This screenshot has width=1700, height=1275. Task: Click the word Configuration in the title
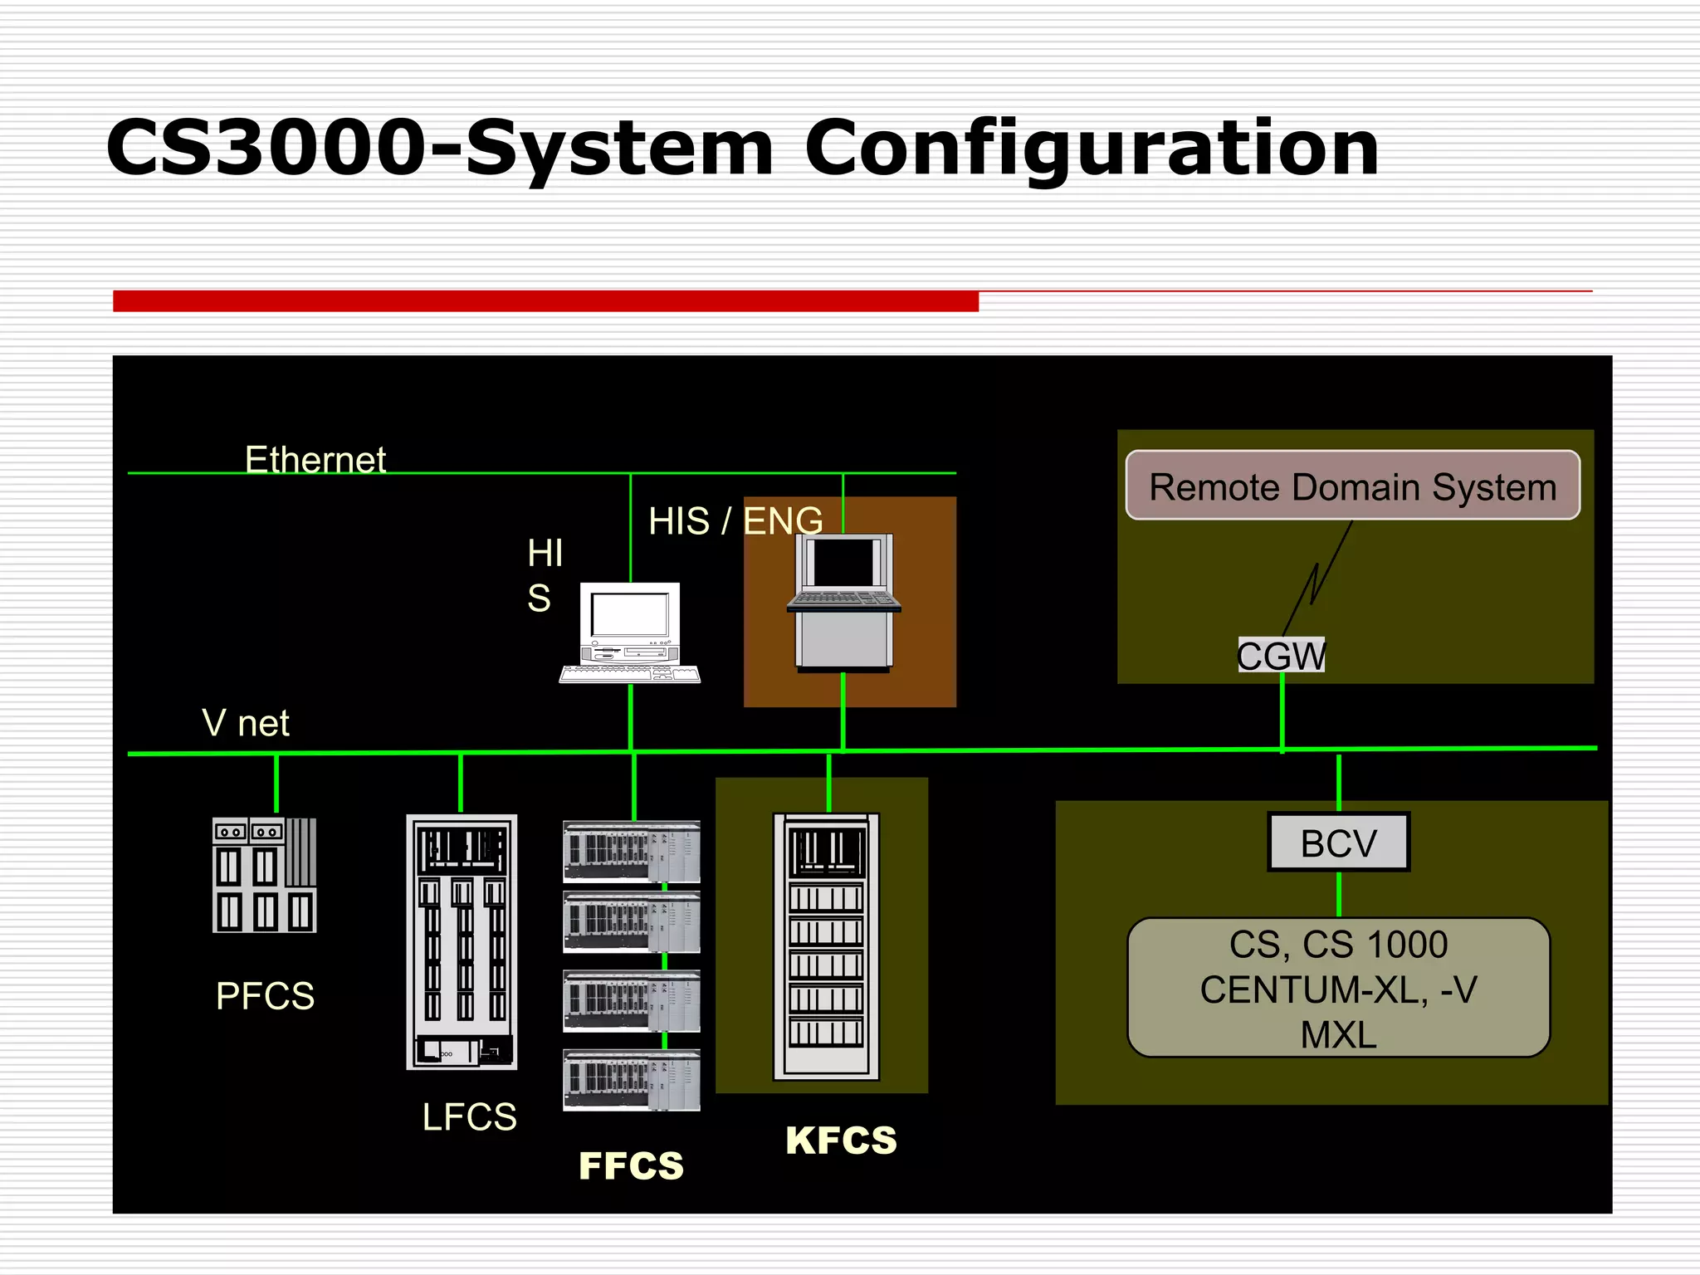click(1091, 149)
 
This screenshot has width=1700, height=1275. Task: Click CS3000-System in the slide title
click(440, 149)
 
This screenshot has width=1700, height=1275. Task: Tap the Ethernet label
click(315, 459)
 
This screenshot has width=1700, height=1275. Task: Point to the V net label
click(246, 723)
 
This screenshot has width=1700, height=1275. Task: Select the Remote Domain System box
click(1352, 486)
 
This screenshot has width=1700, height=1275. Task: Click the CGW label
click(1281, 656)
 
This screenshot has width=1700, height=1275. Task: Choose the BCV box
click(1338, 843)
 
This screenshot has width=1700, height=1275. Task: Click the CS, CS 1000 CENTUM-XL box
click(1338, 988)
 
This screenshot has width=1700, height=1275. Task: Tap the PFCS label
click(265, 995)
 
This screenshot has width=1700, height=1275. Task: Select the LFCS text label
click(469, 1116)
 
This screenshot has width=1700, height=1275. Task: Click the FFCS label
click(631, 1165)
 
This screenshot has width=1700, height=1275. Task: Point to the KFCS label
click(841, 1140)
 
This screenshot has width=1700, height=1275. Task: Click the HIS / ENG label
click(735, 521)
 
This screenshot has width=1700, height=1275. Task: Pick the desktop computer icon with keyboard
click(630, 633)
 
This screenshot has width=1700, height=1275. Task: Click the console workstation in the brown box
click(843, 602)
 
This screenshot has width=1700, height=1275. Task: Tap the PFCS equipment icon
click(264, 875)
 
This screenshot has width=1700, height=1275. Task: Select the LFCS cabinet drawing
click(462, 941)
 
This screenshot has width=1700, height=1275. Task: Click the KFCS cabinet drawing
click(826, 946)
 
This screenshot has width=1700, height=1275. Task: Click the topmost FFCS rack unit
click(631, 851)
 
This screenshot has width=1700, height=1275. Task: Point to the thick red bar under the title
click(545, 301)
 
